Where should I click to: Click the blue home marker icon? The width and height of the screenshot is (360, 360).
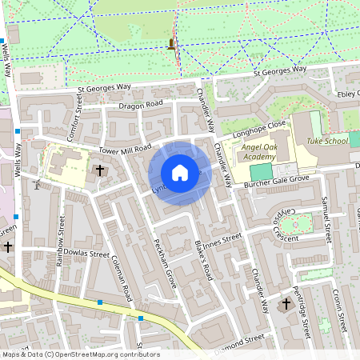point(180,173)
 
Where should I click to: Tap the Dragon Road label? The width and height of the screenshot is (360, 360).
point(140,105)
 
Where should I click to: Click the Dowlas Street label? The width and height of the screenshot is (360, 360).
point(88,254)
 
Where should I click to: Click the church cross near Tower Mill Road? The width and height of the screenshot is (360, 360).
point(100,170)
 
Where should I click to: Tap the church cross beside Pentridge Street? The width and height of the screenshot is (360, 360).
point(287,304)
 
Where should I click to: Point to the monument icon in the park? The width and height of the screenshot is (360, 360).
point(170,44)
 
